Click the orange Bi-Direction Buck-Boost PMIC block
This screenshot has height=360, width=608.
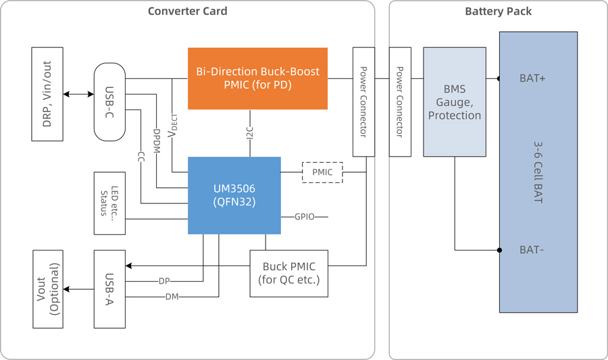257,78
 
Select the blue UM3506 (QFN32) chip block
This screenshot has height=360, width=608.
234,195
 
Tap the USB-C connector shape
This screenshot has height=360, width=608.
109,102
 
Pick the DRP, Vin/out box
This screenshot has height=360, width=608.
47,94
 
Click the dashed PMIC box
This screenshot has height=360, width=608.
322,172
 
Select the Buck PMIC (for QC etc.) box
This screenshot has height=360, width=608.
288,274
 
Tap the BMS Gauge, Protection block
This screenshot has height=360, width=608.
455,102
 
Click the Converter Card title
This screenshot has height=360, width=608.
187,11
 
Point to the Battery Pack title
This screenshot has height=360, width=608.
498,11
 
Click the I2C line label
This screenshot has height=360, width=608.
249,134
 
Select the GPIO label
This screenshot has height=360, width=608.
304,217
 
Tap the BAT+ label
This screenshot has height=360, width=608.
533,78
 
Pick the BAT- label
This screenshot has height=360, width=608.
532,250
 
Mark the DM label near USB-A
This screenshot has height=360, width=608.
172,297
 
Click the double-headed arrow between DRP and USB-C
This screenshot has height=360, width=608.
78,94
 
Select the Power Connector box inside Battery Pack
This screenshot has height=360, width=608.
400,102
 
